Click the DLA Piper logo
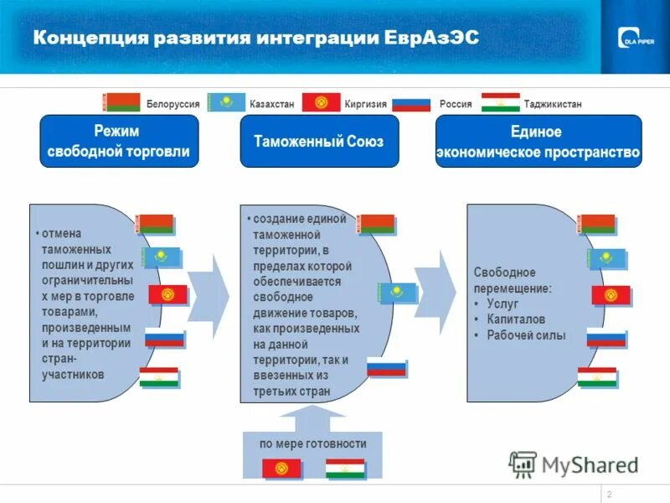pos(635,38)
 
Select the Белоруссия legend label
pos(173,105)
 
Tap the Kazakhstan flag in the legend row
pos(226,103)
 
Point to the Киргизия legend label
pos(365,105)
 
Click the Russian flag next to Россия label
pos(411,104)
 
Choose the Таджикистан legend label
pos(552,105)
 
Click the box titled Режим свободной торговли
pos(119,142)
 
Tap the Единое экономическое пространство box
pos(538,142)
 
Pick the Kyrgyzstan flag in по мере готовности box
pos(281,469)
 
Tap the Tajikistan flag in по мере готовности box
pos(345,469)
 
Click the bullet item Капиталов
pos(515,319)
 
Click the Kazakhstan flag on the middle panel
pos(397,293)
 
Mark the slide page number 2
pos(609,493)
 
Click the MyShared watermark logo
pos(573,464)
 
